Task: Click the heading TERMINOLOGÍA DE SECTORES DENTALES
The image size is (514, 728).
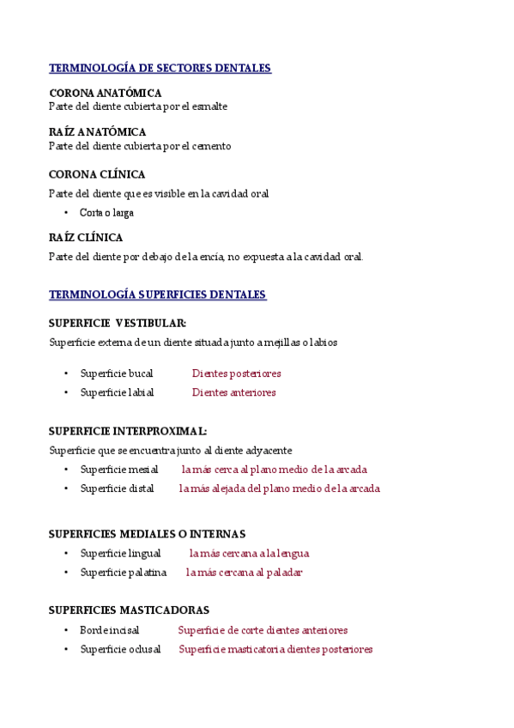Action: tap(160, 68)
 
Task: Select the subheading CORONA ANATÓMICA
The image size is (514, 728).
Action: tap(105, 93)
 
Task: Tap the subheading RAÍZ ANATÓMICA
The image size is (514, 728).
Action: tap(97, 132)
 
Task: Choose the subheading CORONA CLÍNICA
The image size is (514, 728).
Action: tap(97, 174)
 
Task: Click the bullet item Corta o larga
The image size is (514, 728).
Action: tap(106, 212)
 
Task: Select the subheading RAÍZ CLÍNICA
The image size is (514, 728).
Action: tap(86, 237)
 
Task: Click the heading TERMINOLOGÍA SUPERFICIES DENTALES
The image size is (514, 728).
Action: tap(158, 294)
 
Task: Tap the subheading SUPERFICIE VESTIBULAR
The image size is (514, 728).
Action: tap(118, 323)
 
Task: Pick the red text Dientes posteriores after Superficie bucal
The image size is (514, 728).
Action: tap(236, 373)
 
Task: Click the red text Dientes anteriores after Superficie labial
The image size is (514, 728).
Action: tap(233, 392)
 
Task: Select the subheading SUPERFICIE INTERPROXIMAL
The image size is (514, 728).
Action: tap(127, 431)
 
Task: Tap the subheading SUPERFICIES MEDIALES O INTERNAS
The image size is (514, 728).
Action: tap(147, 534)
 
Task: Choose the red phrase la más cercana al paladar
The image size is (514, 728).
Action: tap(244, 573)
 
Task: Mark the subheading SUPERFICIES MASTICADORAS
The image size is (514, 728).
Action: tap(129, 610)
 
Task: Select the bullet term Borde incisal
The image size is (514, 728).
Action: tap(109, 630)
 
